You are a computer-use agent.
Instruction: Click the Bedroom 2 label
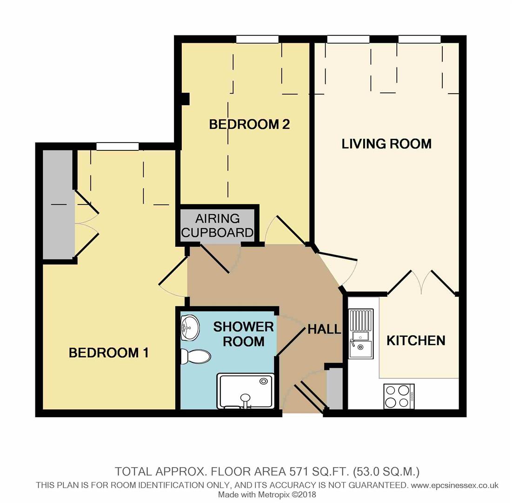click(249, 124)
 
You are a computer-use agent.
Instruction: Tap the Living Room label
click(386, 143)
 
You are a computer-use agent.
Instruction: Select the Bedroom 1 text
click(108, 353)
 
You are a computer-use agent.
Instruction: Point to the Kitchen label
click(416, 340)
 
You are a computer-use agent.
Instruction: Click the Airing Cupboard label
click(217, 225)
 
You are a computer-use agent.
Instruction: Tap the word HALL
click(324, 329)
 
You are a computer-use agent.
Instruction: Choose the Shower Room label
click(244, 334)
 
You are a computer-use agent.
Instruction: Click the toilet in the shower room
click(195, 357)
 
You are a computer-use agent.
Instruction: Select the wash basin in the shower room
click(190, 327)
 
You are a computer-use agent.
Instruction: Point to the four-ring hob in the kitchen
click(399, 396)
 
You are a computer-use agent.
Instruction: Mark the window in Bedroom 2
click(257, 39)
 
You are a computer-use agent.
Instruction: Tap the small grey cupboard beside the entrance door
click(334, 388)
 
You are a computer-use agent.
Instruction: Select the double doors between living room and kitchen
click(422, 282)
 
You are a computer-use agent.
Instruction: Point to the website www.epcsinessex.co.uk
click(455, 485)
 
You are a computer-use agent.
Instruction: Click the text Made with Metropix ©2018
click(267, 495)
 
